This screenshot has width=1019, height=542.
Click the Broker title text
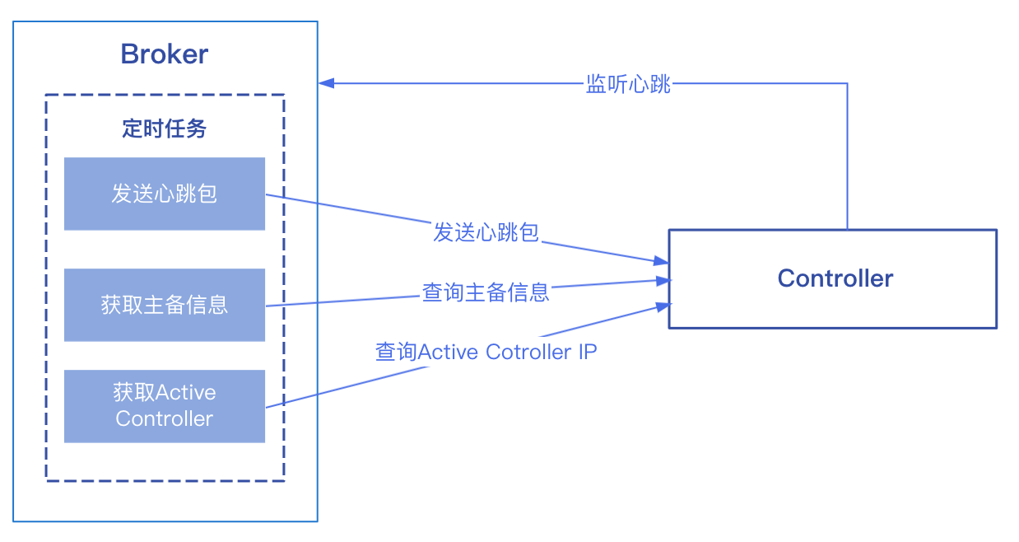(x=164, y=54)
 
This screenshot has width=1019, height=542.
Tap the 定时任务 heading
(x=164, y=128)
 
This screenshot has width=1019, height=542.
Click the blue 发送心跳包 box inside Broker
(x=165, y=194)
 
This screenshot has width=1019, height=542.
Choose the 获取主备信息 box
(x=165, y=305)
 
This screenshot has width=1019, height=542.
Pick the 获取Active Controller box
(x=165, y=405)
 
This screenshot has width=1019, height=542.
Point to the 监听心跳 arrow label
(x=628, y=84)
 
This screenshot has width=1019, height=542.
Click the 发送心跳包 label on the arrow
(x=486, y=233)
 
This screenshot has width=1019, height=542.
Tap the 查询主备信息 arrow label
(x=486, y=292)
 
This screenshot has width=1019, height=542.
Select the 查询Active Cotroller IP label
(x=486, y=352)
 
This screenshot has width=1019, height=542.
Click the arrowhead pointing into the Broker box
(x=326, y=83)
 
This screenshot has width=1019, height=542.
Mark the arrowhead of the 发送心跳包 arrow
(x=661, y=261)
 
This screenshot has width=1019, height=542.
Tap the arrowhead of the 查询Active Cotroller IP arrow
(x=662, y=306)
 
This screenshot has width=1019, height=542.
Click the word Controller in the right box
(x=835, y=278)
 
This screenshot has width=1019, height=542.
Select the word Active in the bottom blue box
(x=185, y=392)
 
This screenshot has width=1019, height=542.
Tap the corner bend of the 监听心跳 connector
(x=847, y=83)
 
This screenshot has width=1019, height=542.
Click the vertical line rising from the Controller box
(x=847, y=157)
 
